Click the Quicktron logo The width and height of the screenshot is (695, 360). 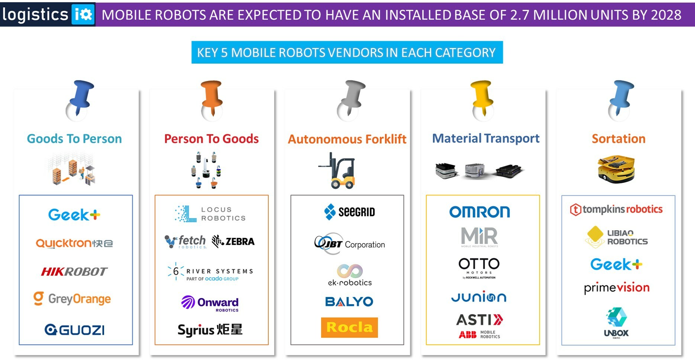(74, 243)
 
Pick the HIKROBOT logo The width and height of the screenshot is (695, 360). (74, 271)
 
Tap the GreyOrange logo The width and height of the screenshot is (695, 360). (72, 299)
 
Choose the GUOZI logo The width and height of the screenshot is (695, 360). (75, 330)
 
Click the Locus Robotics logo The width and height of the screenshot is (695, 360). (210, 214)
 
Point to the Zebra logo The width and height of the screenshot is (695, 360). (233, 241)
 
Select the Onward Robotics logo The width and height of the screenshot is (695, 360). (210, 303)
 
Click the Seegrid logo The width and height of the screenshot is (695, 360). (349, 212)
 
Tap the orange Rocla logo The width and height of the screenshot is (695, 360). (349, 327)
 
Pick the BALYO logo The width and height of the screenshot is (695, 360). (349, 301)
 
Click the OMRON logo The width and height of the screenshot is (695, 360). (479, 212)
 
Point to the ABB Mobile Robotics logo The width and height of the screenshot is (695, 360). (479, 334)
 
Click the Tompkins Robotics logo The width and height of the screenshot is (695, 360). (616, 209)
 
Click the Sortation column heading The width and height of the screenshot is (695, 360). (618, 139)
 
